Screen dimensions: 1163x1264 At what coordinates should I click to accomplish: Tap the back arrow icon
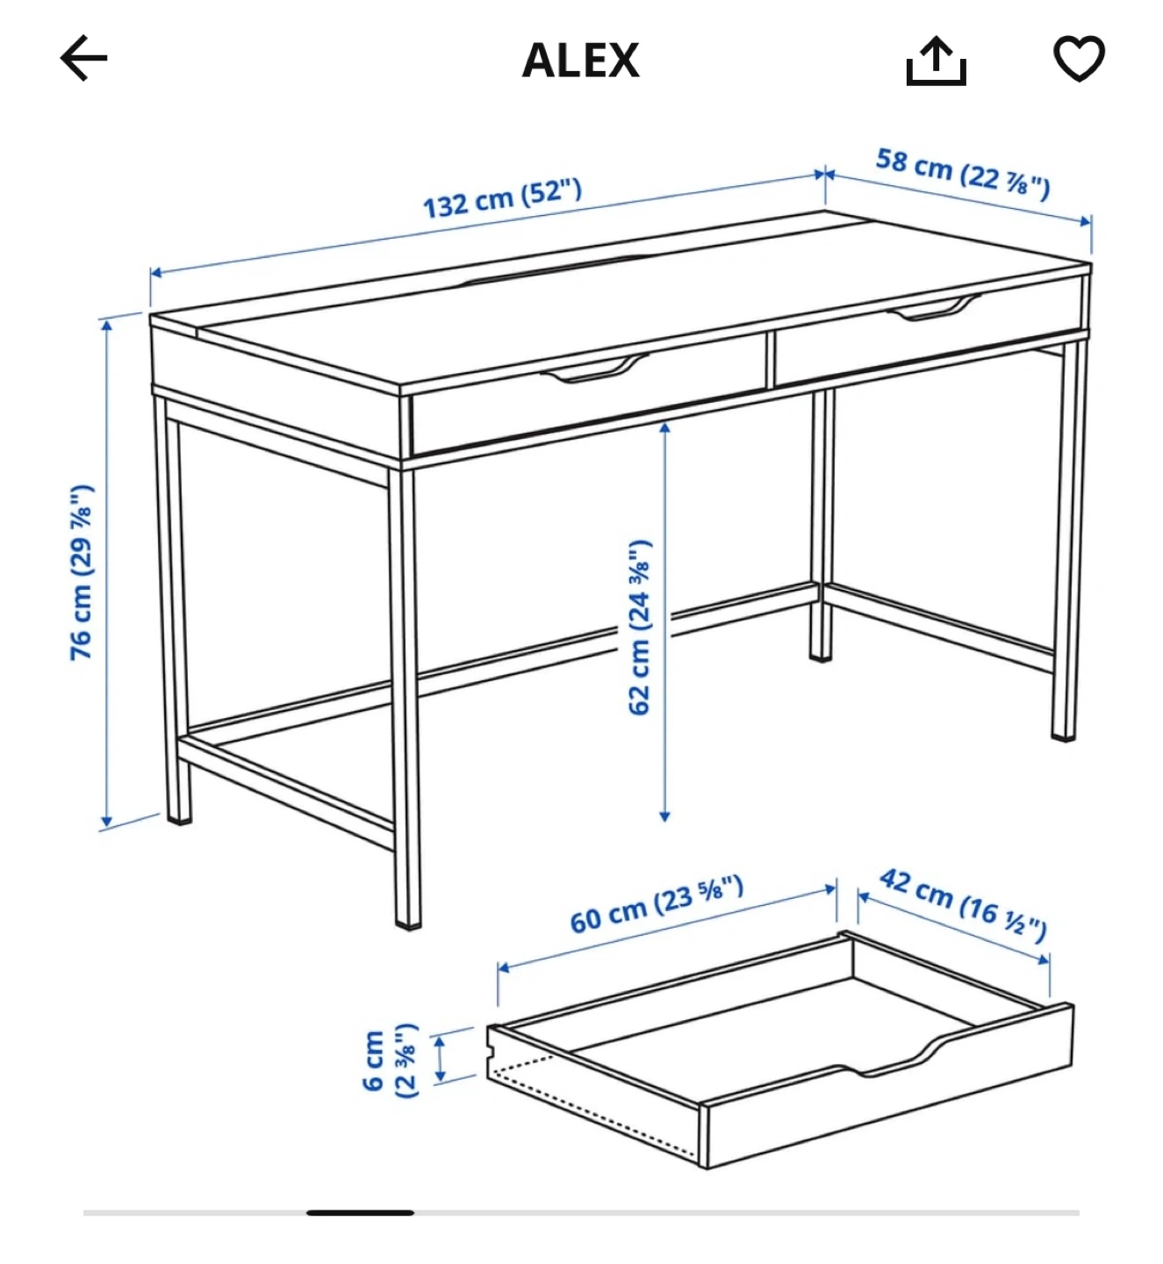[84, 58]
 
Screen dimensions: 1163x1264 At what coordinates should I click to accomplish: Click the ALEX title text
[580, 61]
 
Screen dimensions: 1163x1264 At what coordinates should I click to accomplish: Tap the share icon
[936, 61]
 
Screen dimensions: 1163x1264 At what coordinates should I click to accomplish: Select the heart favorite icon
[1079, 59]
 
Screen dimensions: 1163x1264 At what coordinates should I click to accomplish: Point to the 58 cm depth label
[963, 174]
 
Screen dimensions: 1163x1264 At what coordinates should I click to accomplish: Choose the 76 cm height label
[82, 572]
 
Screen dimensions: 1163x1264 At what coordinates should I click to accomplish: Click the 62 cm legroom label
[640, 627]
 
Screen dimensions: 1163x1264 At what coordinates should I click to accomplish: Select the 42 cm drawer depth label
[963, 905]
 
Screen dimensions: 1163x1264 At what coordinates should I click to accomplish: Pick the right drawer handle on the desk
[934, 307]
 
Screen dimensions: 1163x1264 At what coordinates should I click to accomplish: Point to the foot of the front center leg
[408, 924]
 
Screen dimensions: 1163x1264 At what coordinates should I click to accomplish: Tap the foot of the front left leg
[180, 820]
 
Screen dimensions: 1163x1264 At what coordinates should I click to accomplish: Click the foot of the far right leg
[1064, 736]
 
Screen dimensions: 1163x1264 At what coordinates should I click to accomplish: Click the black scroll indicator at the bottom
[360, 1211]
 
